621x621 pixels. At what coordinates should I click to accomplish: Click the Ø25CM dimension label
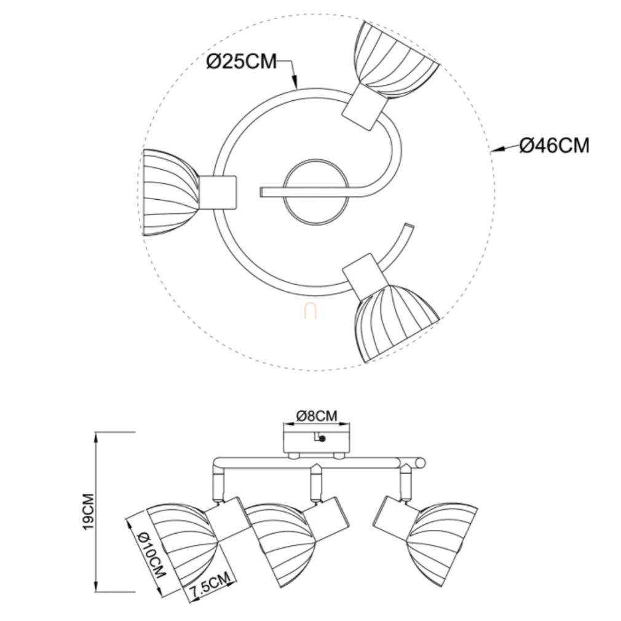(241, 61)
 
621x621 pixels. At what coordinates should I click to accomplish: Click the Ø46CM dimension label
(554, 145)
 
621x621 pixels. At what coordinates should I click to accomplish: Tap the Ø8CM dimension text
(317, 416)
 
